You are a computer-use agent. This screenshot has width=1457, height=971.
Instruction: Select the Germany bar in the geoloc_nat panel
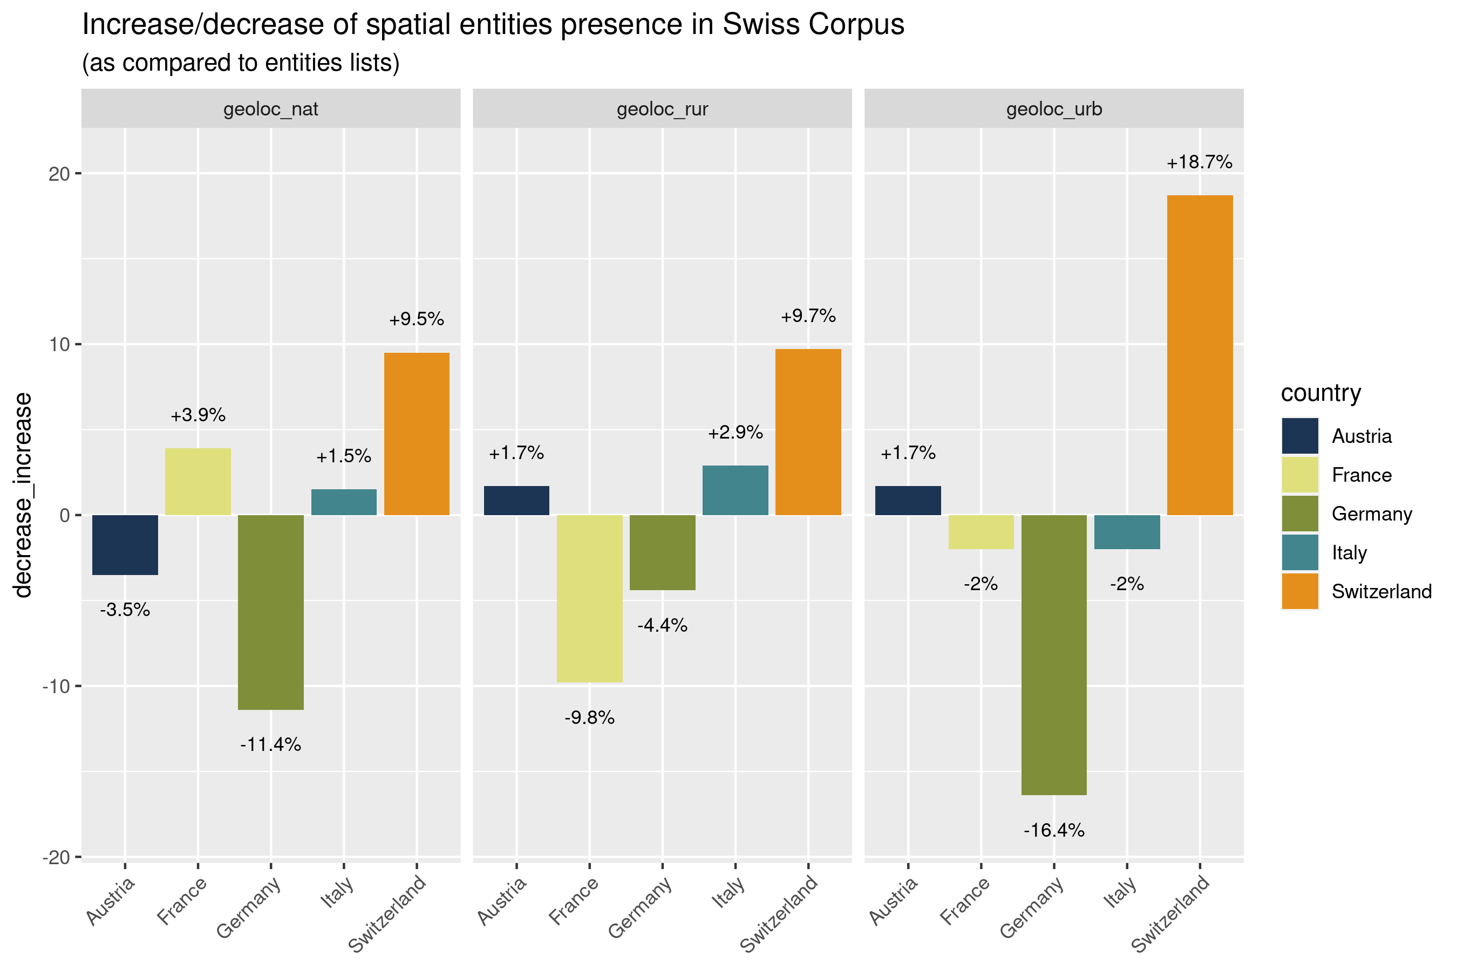271,612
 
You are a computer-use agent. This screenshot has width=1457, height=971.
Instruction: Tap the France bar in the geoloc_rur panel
589,598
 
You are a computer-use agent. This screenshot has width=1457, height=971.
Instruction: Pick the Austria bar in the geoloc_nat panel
125,545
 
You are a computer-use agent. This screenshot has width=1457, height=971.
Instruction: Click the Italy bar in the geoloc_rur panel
736,490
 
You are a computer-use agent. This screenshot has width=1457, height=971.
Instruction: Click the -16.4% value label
1054,830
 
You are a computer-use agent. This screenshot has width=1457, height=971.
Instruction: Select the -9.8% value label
589,717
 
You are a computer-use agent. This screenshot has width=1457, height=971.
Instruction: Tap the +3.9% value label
198,415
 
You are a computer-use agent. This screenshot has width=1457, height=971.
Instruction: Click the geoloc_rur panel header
662,109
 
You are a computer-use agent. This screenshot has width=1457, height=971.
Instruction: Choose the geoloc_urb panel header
1054,109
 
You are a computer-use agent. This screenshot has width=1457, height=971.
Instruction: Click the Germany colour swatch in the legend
1299,514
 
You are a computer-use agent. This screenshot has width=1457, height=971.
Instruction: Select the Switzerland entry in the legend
1381,591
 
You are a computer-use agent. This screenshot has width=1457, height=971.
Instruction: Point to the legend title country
1320,393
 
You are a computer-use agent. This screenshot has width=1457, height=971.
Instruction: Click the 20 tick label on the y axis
59,174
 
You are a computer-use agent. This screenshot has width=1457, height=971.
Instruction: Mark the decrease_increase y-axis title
24,495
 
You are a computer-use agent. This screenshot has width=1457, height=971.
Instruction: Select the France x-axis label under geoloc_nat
182,901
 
